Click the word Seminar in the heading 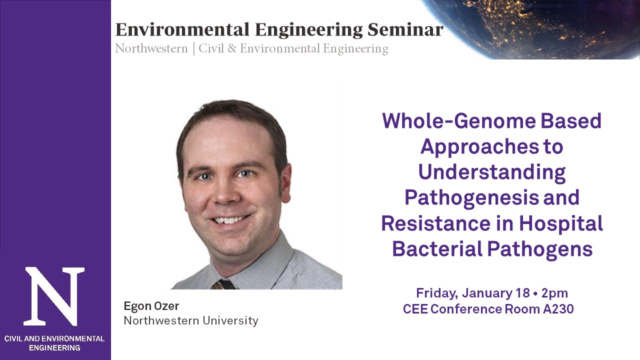405,29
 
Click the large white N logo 54,296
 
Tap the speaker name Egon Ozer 151,306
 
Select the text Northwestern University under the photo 191,320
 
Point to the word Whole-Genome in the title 459,120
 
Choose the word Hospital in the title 561,223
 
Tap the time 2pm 554,293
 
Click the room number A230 558,309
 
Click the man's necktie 223,284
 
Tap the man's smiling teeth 228,220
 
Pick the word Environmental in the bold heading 182,29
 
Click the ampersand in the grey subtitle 231,48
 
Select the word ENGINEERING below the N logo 54,347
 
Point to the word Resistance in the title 435,223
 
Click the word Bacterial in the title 437,249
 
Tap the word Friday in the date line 437,293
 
